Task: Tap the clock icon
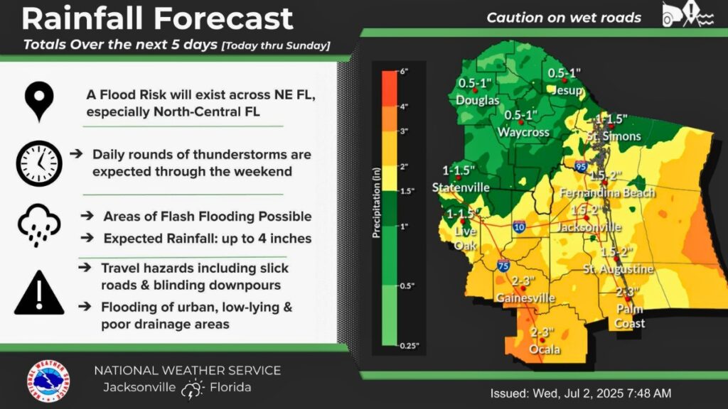tap(39, 163)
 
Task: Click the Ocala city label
tap(545, 349)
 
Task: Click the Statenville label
tap(461, 187)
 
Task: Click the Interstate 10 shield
tap(519, 227)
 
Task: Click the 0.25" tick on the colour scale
tap(409, 346)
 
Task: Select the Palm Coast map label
tap(630, 317)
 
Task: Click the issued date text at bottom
tap(581, 393)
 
